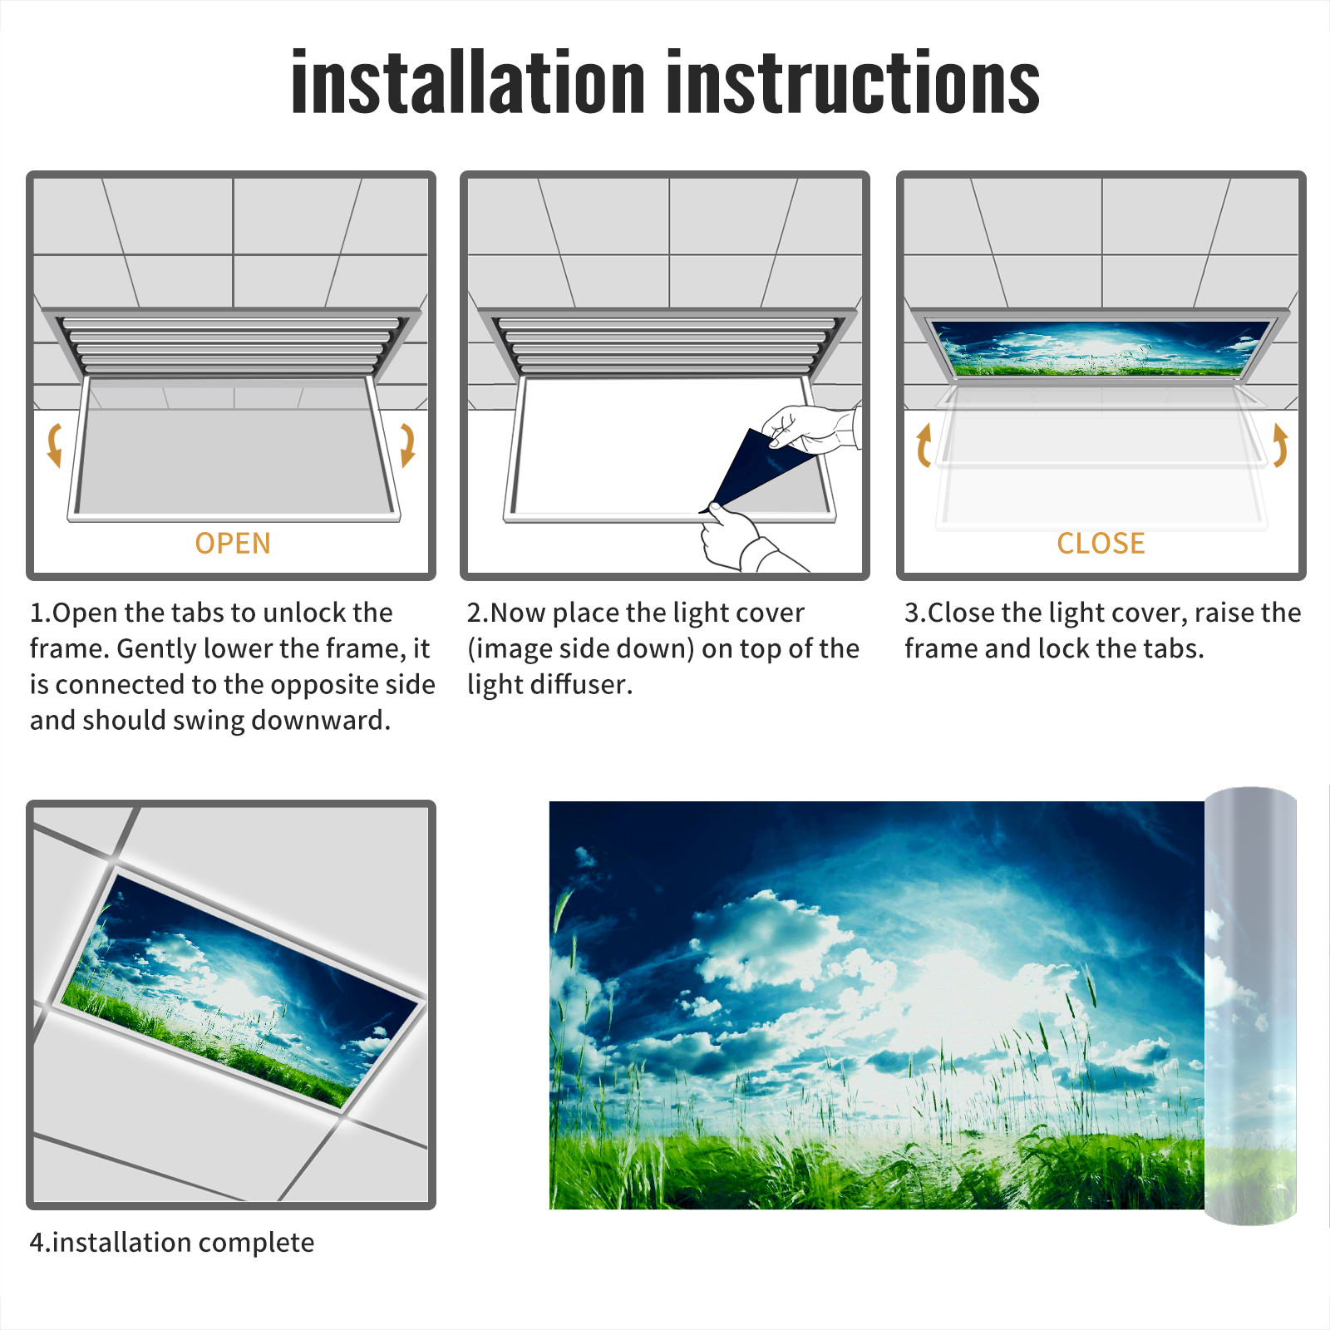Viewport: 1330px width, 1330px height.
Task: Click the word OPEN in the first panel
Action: click(x=233, y=544)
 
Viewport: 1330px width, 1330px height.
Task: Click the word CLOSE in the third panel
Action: click(x=1101, y=544)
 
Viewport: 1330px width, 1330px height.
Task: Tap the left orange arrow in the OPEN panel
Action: click(x=55, y=445)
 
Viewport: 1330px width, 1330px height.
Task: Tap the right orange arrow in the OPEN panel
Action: click(x=407, y=445)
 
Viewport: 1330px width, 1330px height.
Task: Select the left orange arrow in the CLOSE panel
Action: click(x=924, y=445)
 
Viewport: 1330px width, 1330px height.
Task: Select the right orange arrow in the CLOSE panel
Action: click(x=1280, y=445)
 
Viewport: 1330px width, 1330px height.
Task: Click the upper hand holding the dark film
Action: click(x=810, y=429)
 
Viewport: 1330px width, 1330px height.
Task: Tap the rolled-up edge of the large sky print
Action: click(x=1250, y=1006)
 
